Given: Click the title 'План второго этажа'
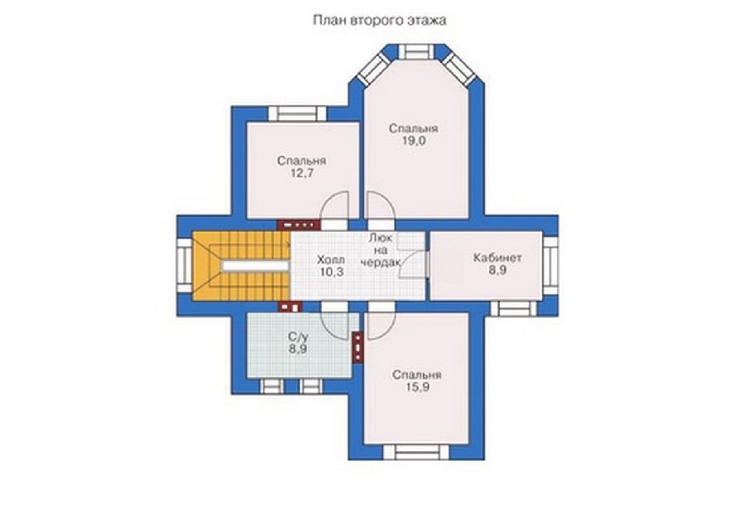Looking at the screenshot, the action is pos(379,21).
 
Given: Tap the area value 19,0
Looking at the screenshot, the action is pos(414,141).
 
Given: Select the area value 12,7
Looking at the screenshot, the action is pos(302,172).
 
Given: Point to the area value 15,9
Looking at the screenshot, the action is pos(417,387).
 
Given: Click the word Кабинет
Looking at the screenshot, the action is pos(497,258).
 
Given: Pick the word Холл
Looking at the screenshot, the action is pos(331,259).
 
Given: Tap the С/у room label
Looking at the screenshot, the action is pos(298,337).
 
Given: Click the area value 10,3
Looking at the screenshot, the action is pos(332,272).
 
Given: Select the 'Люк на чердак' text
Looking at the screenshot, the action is pos(382,249).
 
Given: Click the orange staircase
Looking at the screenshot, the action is pos(241,266).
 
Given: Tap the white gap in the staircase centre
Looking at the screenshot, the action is pos(256,266).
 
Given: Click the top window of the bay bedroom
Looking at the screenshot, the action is pos(414,51).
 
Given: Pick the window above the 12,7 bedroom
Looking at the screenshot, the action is pos(298,114).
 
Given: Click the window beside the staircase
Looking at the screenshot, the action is pos(184,266).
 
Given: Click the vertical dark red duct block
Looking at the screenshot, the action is pos(358,348).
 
